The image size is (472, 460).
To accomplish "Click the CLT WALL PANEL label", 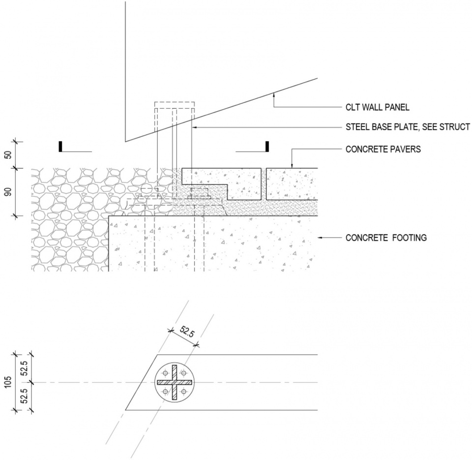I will click(x=378, y=107).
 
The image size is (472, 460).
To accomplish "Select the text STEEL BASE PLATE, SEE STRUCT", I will click(x=408, y=127).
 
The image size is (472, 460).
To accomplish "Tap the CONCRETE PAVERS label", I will click(x=383, y=149).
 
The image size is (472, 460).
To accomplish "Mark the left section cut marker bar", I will click(x=60, y=147).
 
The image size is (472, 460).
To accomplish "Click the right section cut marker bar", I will click(x=267, y=147).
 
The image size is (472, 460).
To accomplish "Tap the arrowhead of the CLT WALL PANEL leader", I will click(x=273, y=95).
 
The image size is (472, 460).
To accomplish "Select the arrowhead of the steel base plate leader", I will click(x=194, y=127).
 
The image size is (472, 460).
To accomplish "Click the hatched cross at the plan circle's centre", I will click(x=175, y=382).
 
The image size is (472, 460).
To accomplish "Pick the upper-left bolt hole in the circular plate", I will click(x=165, y=372).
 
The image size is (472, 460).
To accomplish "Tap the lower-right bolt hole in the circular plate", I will click(x=184, y=392).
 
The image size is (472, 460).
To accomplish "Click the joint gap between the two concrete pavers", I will click(x=264, y=184).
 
